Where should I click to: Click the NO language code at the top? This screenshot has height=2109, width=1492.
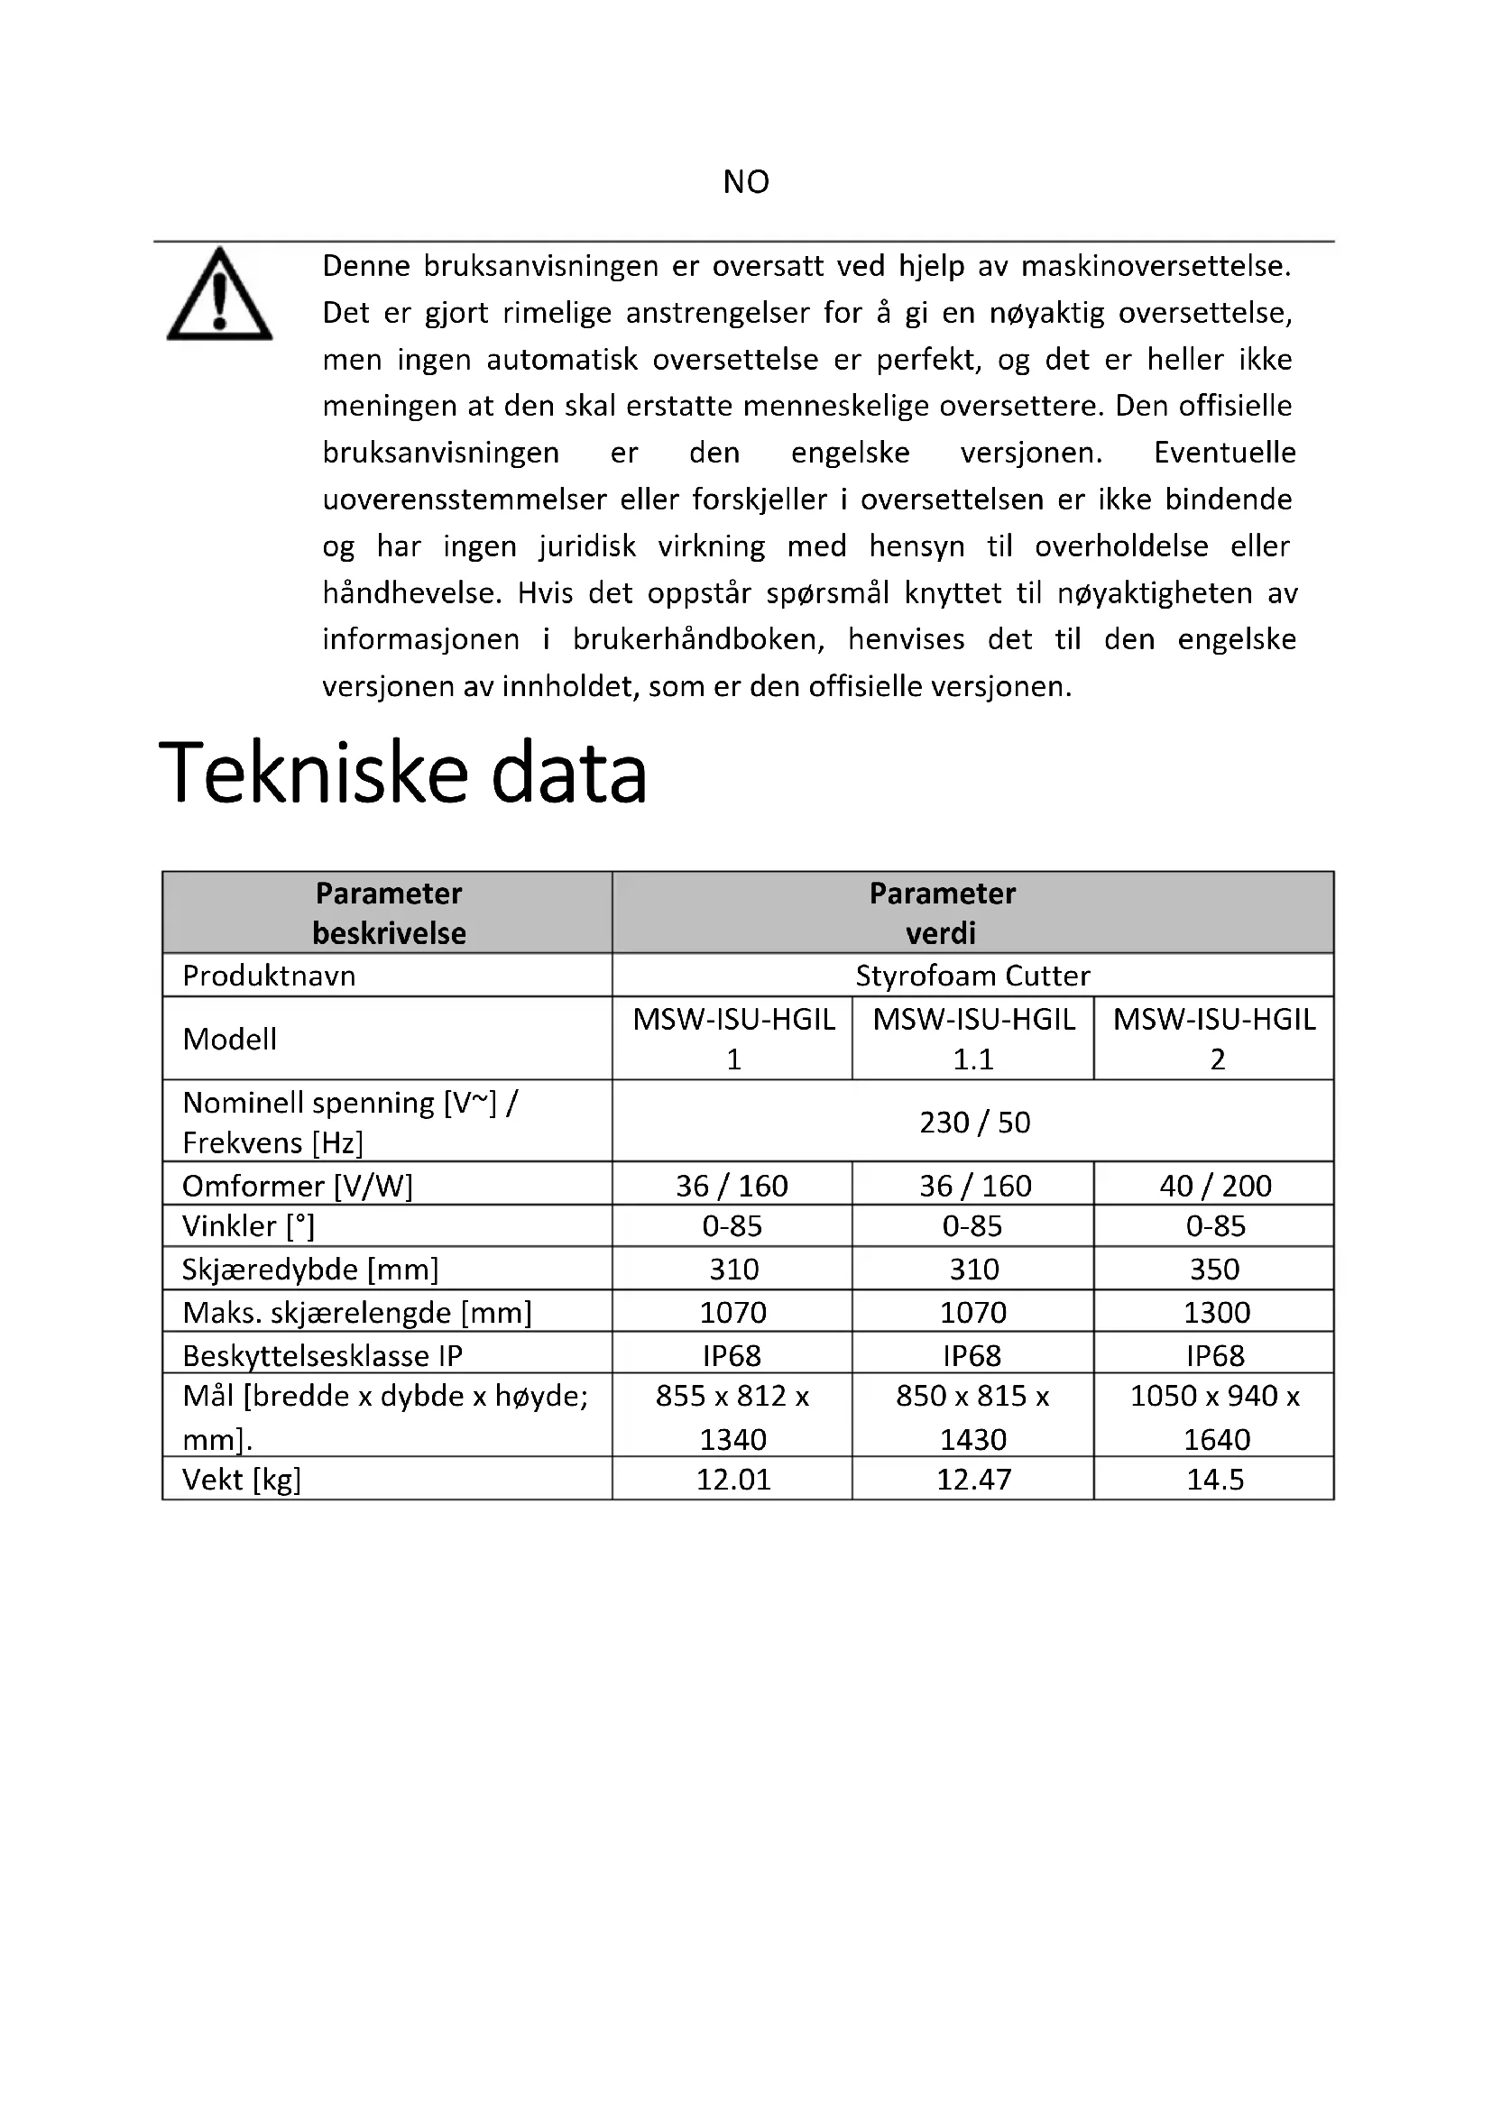click(x=745, y=182)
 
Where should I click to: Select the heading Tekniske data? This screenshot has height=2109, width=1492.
click(x=403, y=773)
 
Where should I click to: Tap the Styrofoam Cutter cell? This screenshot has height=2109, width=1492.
click(x=972, y=976)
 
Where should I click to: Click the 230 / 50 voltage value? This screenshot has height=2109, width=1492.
click(x=974, y=1122)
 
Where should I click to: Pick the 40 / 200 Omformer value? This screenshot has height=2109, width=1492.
click(x=1214, y=1185)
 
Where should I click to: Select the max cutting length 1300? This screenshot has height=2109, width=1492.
click(x=1215, y=1312)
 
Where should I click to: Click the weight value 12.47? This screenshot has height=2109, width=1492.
click(x=973, y=1479)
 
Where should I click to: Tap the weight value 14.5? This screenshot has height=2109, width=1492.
click(x=1214, y=1479)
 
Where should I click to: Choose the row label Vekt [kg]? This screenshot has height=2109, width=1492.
click(x=242, y=1479)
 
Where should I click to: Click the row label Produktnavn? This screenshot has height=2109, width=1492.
click(x=268, y=976)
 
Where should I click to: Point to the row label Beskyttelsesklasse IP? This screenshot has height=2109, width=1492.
click(x=321, y=1355)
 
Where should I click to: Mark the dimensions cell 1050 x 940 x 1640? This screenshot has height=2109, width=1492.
click(x=1214, y=1417)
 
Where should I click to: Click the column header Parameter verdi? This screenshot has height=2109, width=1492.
click(x=942, y=912)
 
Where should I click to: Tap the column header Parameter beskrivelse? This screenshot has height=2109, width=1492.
click(x=389, y=912)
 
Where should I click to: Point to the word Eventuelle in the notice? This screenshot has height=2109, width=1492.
click(x=1225, y=453)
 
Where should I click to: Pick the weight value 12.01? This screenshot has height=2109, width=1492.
click(x=732, y=1479)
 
